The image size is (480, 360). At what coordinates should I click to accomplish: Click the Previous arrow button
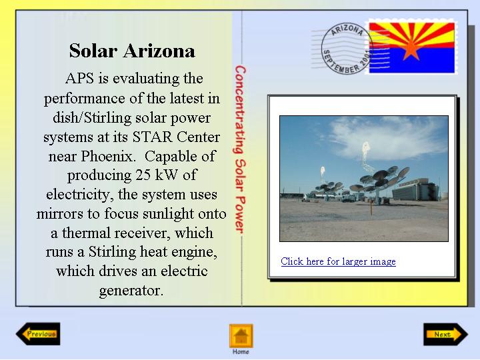38,334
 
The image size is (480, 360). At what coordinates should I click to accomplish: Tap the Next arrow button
446,334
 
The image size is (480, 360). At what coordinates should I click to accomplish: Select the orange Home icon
241,336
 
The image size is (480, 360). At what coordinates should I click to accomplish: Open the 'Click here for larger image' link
338,261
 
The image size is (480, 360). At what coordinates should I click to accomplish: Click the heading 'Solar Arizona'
132,51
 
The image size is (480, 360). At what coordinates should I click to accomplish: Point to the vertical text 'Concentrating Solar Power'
240,150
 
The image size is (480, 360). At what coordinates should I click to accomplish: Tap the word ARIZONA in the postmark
347,30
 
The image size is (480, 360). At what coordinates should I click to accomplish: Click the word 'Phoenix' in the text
107,156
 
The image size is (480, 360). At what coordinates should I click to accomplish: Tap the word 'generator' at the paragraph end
131,291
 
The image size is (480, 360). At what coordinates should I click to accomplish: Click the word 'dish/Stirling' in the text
92,118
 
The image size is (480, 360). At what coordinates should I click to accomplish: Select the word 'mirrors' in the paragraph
60,214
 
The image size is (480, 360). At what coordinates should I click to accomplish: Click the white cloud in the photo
389,138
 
